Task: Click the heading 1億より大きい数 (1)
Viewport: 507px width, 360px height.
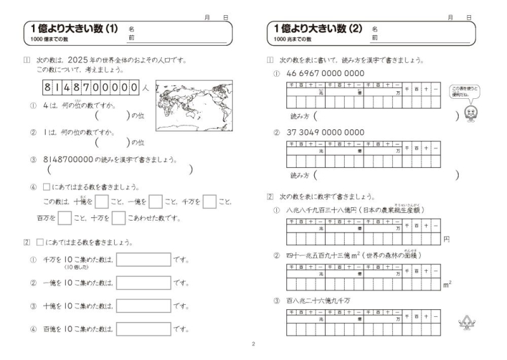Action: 74,29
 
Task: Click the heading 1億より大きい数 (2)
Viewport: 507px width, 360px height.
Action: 318,29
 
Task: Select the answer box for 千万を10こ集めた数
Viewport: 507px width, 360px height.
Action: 143,260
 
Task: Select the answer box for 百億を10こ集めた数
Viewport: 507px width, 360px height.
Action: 143,329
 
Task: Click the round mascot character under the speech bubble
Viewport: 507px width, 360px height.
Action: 470,112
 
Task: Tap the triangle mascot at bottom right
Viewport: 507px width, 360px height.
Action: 467,324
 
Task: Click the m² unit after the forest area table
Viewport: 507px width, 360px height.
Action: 447,285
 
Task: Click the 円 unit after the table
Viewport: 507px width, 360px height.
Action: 446,239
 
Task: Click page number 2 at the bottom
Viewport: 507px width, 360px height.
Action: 253,345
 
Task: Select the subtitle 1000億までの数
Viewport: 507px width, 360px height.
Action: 51,39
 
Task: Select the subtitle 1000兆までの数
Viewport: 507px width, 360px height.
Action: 293,39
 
